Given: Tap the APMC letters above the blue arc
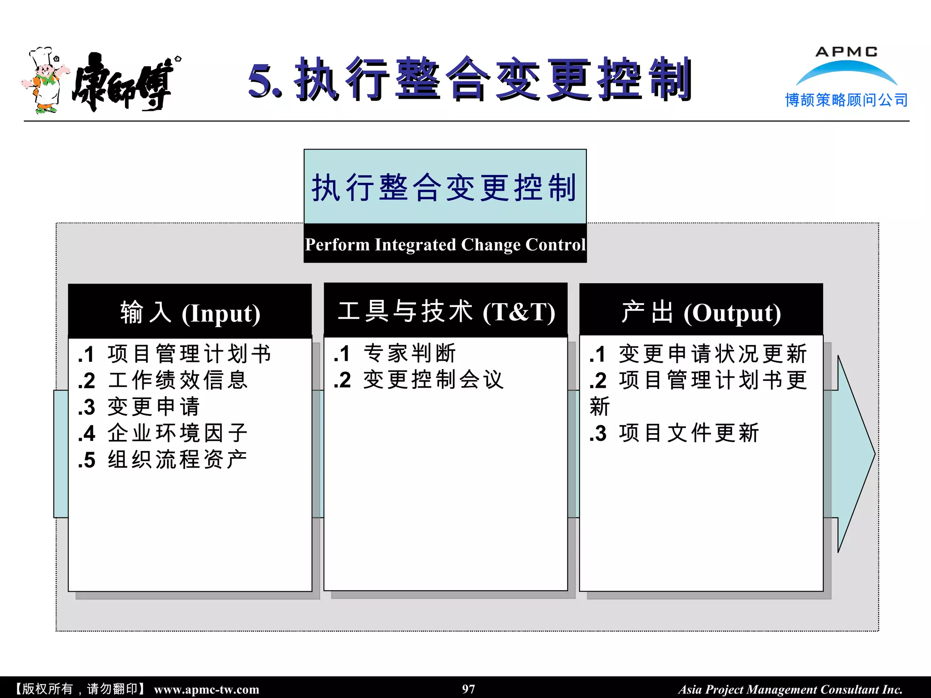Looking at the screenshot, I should coord(846,52).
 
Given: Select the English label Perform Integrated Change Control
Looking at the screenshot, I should coord(445,244).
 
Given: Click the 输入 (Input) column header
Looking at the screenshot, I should coord(190,313).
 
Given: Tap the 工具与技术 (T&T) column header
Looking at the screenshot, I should coord(445,312).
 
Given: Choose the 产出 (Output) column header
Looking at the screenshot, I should coord(701,313).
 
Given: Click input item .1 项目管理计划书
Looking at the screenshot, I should coord(175,354).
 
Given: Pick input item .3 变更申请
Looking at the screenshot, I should coord(139,407).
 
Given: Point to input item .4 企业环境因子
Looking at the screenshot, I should coord(163,433).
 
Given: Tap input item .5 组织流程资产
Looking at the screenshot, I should coord(163,460).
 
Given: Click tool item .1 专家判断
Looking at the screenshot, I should coord(395,354).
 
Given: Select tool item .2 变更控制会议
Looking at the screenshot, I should coord(419,380).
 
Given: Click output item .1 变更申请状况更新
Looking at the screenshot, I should coord(698,354).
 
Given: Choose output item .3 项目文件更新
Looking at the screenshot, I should coord(674,433).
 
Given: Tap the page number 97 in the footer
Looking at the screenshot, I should coord(468,689).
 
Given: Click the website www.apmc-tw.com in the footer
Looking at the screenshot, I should coord(206,689).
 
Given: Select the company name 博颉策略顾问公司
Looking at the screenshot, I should coord(846,100).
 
